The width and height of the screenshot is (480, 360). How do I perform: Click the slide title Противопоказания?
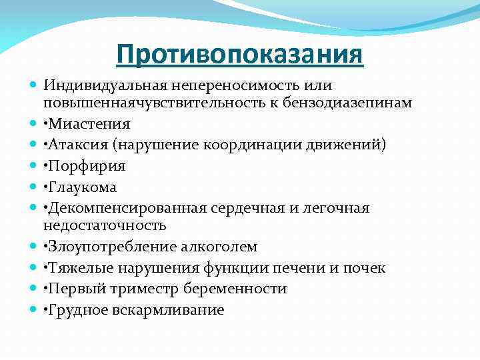[x=240, y=54]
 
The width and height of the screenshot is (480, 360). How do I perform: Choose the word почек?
[x=365, y=268]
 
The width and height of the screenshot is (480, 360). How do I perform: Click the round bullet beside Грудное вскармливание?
[x=34, y=309]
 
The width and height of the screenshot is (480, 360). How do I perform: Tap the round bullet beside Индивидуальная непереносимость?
[x=34, y=86]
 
